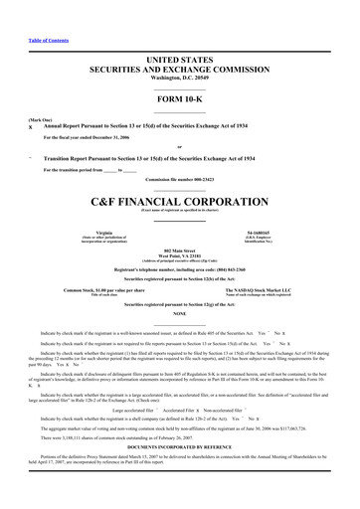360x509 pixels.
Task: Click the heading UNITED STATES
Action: (180, 60)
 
